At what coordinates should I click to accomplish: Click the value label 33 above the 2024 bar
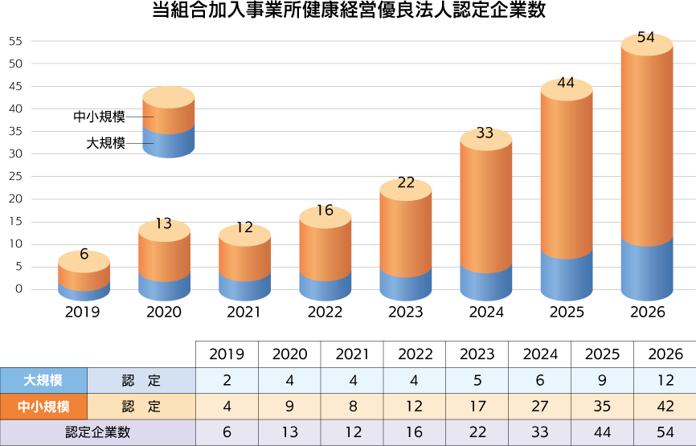[485, 133]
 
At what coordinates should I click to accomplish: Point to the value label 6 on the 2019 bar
[84, 255]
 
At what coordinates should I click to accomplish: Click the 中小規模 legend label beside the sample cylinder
[100, 117]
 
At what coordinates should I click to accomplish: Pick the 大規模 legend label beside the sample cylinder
[106, 143]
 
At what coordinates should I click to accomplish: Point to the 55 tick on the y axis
[17, 41]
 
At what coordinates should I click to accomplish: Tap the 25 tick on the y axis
[17, 176]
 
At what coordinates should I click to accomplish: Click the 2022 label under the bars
[325, 312]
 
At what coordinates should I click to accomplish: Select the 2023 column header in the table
[477, 354]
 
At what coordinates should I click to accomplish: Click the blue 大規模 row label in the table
[43, 380]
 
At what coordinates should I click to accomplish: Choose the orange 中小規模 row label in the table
[43, 407]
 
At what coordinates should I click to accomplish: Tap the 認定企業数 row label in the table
[98, 432]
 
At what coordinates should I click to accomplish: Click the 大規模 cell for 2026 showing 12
[665, 380]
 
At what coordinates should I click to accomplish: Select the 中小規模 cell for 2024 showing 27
[539, 407]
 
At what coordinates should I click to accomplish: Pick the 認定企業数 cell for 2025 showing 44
[602, 432]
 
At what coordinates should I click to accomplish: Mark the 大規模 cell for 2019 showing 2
[227, 380]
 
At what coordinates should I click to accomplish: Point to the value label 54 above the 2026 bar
[645, 38]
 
